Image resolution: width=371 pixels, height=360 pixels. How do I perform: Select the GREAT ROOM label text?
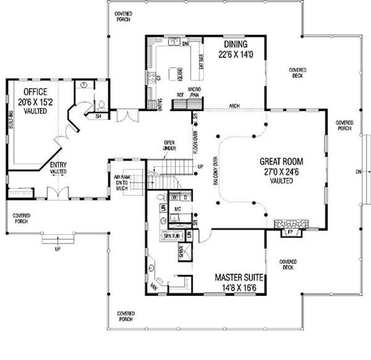point(281,162)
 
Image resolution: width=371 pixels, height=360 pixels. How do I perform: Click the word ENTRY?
point(58,164)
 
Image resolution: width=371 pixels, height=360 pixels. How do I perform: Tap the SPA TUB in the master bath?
point(170,236)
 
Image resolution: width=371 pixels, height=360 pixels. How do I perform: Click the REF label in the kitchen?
point(180,94)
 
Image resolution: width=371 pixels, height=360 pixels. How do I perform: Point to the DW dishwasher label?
point(185,44)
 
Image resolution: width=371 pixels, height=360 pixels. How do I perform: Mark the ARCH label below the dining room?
point(234,106)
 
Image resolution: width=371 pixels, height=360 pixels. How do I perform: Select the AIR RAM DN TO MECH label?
point(123,182)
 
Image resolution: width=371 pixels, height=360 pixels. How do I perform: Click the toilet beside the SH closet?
point(102,105)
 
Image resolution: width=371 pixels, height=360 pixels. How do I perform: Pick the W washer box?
point(175,197)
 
